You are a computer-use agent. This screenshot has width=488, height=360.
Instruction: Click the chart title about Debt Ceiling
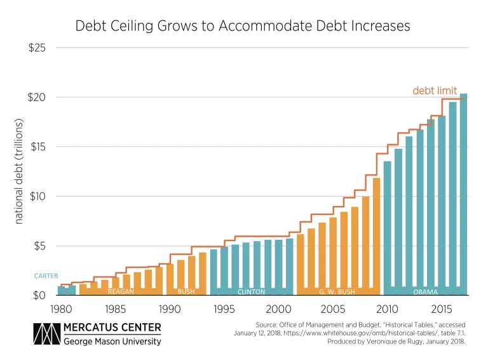(x=243, y=26)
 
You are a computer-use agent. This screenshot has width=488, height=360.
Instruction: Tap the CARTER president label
(x=46, y=276)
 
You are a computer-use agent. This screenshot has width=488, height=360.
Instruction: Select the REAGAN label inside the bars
(x=121, y=291)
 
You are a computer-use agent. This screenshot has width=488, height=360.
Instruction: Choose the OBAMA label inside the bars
(x=425, y=291)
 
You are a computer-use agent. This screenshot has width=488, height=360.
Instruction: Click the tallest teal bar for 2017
(x=463, y=191)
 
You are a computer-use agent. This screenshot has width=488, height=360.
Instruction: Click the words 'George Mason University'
(x=113, y=342)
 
